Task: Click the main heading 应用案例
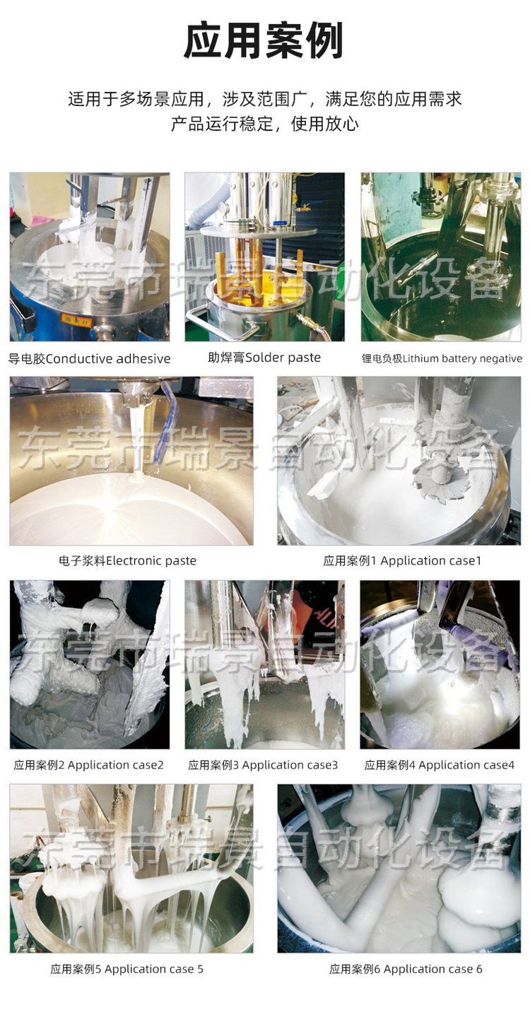(x=264, y=41)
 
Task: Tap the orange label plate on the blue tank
(x=76, y=320)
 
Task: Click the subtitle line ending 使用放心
(x=264, y=123)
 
